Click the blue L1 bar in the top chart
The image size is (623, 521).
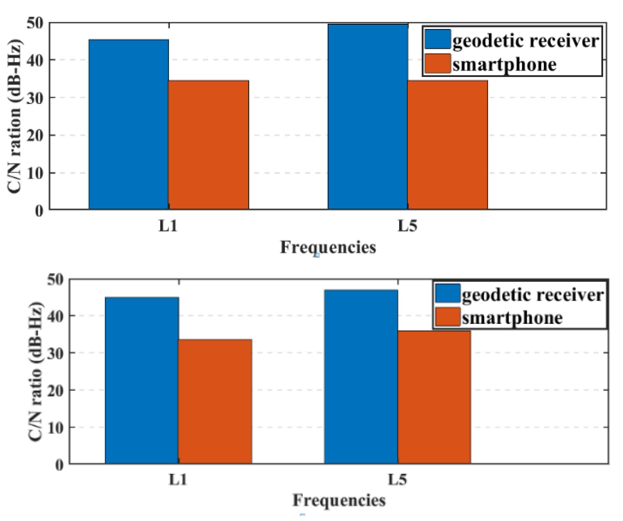coord(129,124)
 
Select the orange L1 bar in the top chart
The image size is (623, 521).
coord(208,145)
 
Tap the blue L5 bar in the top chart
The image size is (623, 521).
coord(368,117)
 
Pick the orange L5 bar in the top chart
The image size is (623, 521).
coord(447,145)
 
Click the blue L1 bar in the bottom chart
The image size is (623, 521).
coord(142,380)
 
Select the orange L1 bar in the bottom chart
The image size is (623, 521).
coord(215,401)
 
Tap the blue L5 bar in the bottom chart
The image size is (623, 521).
coord(361,377)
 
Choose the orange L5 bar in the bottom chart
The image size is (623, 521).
coord(434,397)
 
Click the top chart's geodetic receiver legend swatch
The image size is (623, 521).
coord(437,39)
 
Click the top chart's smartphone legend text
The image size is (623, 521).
coord(504,65)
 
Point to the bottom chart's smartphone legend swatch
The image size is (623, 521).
coord(447,317)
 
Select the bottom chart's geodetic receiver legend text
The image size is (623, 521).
coord(532,295)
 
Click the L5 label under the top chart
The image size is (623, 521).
coord(407,226)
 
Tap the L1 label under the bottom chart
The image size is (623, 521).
coord(178,479)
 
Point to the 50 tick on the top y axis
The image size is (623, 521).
coord(35,23)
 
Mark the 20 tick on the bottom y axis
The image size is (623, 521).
coord(55,390)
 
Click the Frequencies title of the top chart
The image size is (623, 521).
coord(328,247)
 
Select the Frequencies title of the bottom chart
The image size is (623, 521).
coord(339,500)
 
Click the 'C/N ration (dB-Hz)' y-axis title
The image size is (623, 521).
coord(15,116)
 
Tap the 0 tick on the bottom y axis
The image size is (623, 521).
coord(59,465)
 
